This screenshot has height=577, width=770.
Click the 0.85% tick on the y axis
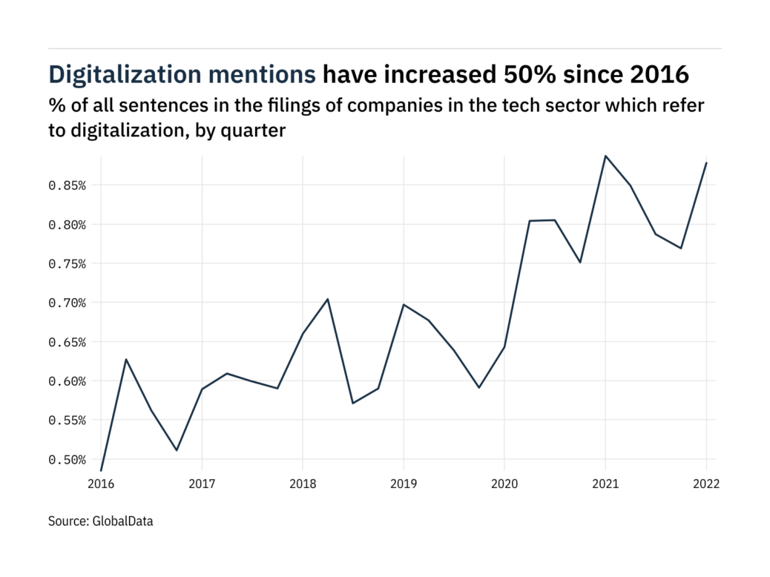click(x=68, y=185)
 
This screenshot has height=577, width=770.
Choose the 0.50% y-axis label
click(x=68, y=460)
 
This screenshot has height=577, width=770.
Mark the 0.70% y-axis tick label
click(x=68, y=303)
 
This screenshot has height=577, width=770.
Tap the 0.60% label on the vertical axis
click(x=68, y=381)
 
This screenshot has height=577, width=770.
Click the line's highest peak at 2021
click(x=605, y=156)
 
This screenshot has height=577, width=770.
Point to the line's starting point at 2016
click(x=101, y=470)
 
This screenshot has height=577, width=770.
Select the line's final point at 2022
click(x=706, y=163)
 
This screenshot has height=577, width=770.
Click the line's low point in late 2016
click(x=177, y=450)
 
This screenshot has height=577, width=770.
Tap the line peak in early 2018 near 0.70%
click(x=327, y=299)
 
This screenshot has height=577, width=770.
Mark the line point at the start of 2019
click(x=403, y=305)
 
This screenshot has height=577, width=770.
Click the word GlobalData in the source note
click(x=123, y=521)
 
